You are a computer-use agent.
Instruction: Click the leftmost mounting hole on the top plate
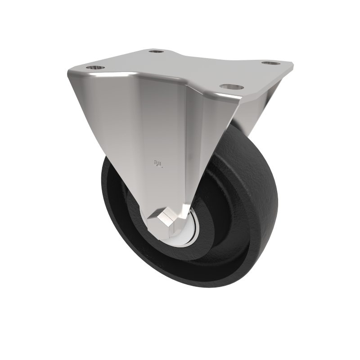click(x=96, y=67)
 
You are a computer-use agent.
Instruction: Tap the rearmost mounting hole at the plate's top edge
click(x=155, y=52)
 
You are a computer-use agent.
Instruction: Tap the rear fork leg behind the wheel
click(x=252, y=108)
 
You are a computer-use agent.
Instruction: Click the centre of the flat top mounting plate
click(x=180, y=67)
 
